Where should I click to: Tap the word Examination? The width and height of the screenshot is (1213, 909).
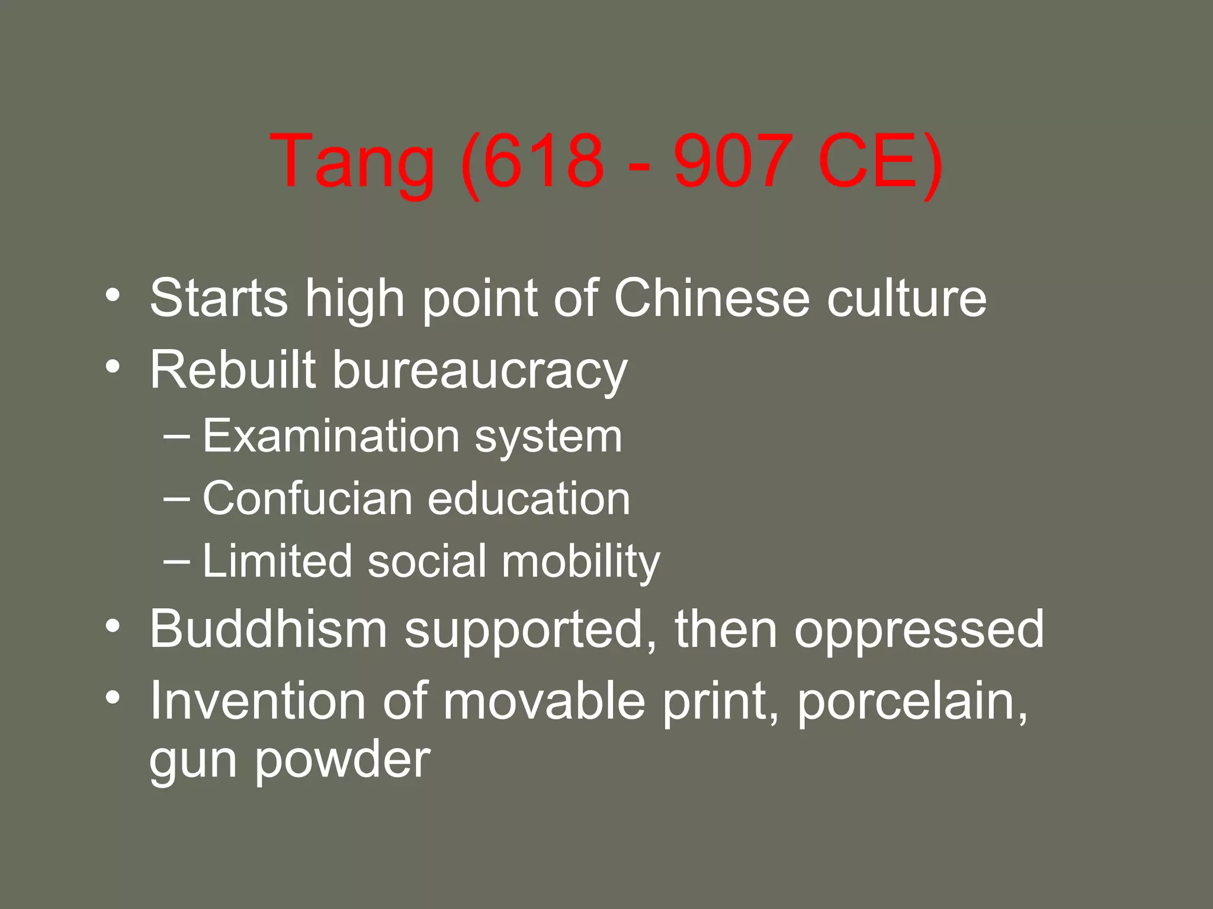[x=331, y=436]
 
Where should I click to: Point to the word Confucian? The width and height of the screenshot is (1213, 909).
[x=307, y=498]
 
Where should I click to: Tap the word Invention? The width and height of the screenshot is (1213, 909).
[x=258, y=701]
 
